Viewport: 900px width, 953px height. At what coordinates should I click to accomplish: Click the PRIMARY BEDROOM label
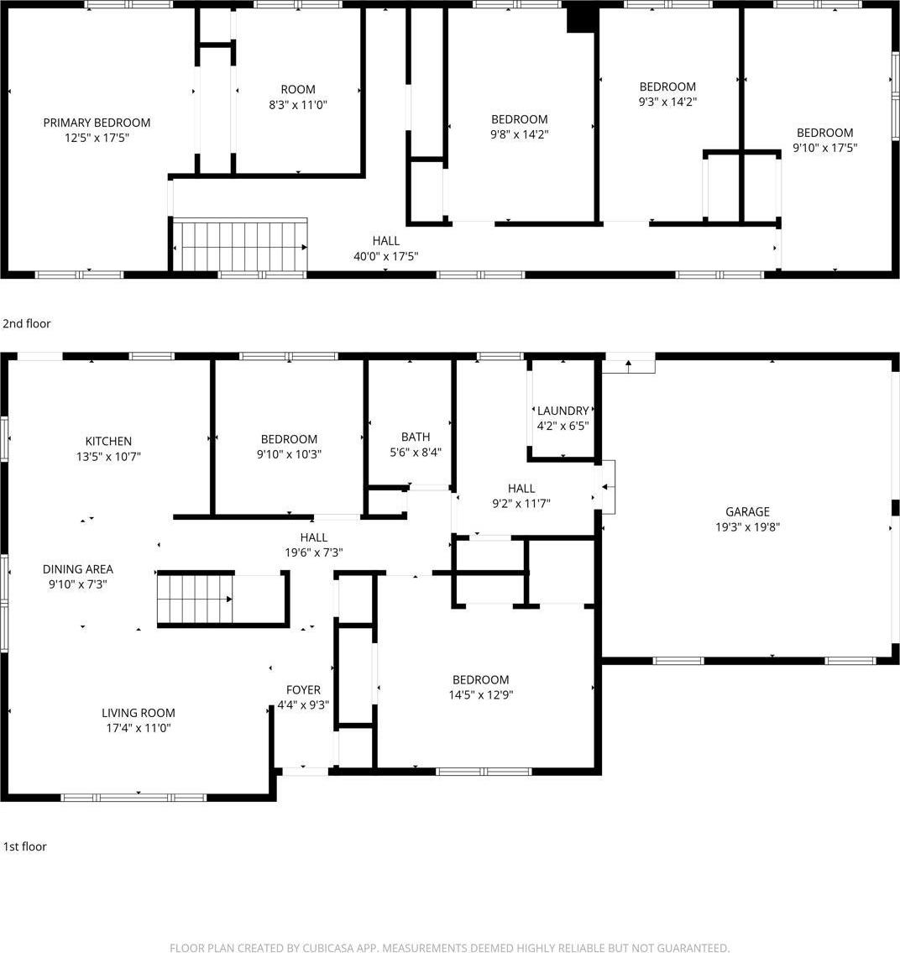pyautogui.click(x=97, y=123)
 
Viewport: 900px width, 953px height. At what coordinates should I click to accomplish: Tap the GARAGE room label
pyautogui.click(x=747, y=511)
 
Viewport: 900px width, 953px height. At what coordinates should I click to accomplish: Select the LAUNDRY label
pyautogui.click(x=562, y=411)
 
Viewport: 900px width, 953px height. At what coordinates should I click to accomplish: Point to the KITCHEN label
pyautogui.click(x=108, y=441)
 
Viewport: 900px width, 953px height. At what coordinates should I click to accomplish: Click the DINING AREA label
pyautogui.click(x=78, y=569)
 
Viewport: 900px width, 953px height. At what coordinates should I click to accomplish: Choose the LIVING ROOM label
pyautogui.click(x=139, y=713)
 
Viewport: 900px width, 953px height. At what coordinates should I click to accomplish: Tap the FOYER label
pyautogui.click(x=303, y=690)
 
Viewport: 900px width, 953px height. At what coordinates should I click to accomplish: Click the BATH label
pyautogui.click(x=416, y=437)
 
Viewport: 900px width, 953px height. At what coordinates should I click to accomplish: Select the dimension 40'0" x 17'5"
pyautogui.click(x=385, y=256)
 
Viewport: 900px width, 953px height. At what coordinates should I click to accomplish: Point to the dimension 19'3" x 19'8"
pyautogui.click(x=747, y=527)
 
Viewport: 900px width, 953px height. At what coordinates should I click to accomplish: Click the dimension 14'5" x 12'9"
pyautogui.click(x=480, y=695)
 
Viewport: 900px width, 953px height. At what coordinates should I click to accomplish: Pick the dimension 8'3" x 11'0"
pyautogui.click(x=298, y=105)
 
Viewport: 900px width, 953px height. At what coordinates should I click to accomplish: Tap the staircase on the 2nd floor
pyautogui.click(x=240, y=245)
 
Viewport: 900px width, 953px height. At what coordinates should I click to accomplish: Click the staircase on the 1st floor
pyautogui.click(x=195, y=598)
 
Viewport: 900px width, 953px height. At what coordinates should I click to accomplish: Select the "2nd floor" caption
pyautogui.click(x=27, y=323)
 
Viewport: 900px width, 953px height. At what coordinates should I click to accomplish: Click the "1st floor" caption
pyautogui.click(x=25, y=846)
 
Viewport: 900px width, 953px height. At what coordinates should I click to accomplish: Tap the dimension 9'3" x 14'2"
pyautogui.click(x=667, y=102)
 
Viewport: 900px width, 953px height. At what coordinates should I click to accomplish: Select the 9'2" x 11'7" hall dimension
pyautogui.click(x=521, y=504)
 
